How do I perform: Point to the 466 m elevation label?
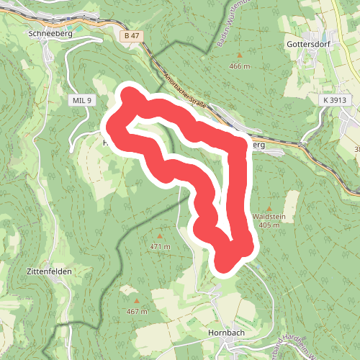[239, 66]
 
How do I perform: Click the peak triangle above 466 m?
[239, 56]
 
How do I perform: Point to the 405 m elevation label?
[269, 225]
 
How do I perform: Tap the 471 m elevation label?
[160, 246]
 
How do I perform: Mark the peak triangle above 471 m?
[160, 236]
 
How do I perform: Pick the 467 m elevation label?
[137, 311]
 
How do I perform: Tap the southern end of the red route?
[225, 265]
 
